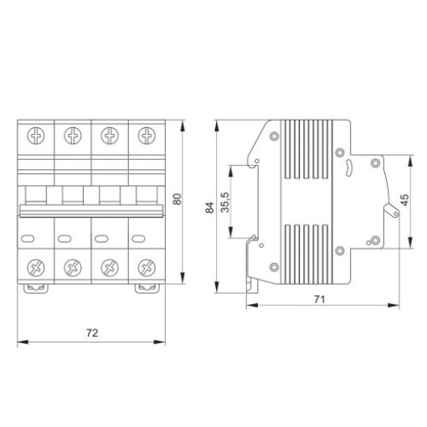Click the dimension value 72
(92, 333)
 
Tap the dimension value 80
(177, 199)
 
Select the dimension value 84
(209, 208)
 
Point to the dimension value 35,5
(225, 203)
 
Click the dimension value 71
(320, 300)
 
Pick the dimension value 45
(404, 200)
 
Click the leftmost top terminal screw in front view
(36, 136)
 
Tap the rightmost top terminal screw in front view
(147, 136)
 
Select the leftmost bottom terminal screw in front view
(36, 268)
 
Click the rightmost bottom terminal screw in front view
(147, 268)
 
